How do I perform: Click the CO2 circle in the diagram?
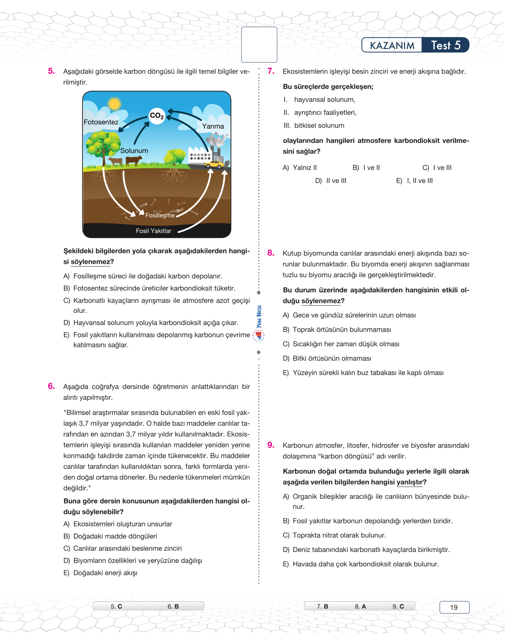pyautogui.click(x=157, y=116)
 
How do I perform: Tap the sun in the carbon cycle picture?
pyautogui.click(x=114, y=104)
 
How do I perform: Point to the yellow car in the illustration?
pyautogui.click(x=214, y=164)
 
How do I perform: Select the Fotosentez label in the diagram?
pyautogui.click(x=101, y=122)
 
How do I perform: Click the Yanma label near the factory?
pyautogui.click(x=213, y=126)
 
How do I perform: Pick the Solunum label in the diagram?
pyautogui.click(x=134, y=151)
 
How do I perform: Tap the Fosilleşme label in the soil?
pyautogui.click(x=160, y=215)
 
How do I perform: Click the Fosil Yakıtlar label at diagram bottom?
pyautogui.click(x=153, y=231)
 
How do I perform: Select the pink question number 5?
pyautogui.click(x=51, y=71)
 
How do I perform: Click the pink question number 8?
pyautogui.click(x=271, y=253)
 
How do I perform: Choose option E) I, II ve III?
pyautogui.click(x=414, y=181)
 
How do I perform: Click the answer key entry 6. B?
pyautogui.click(x=173, y=606)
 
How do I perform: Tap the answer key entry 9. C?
pyautogui.click(x=398, y=606)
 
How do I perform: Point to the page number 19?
pyautogui.click(x=454, y=607)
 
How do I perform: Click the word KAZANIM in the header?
pyautogui.click(x=392, y=45)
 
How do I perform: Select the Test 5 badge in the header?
pyautogui.click(x=446, y=45)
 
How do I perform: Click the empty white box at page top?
pyautogui.click(x=259, y=45)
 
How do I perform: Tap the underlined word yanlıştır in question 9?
pyautogui.click(x=410, y=482)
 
